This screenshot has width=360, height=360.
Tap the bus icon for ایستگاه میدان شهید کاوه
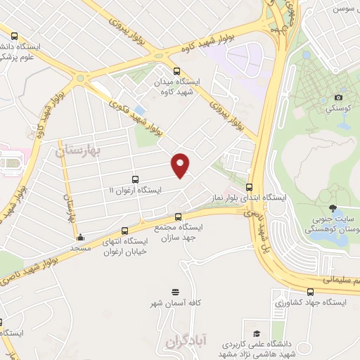tap(176, 70)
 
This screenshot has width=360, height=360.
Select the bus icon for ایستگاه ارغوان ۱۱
tap(135, 179)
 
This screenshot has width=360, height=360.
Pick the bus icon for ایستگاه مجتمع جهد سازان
tap(178, 217)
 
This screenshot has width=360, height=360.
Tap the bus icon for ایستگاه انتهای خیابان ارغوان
tap(125, 230)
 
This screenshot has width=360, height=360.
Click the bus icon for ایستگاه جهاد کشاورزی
tap(310, 291)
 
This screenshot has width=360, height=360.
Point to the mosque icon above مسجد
tap(80, 237)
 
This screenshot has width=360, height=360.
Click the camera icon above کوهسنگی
tap(338, 97)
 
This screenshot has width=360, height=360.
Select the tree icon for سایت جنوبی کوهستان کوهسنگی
tap(335, 209)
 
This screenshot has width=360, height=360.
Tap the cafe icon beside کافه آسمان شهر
tap(175, 290)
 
